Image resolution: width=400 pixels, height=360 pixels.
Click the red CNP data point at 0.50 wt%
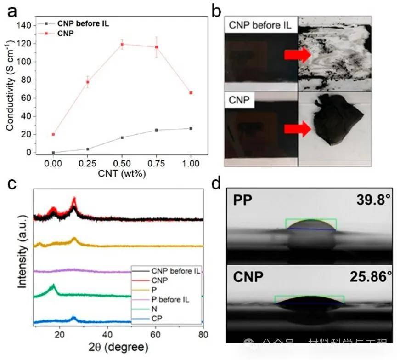[x=122, y=44]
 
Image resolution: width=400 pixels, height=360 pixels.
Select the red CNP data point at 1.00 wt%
[x=191, y=93]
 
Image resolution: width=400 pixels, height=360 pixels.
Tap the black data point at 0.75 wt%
[x=157, y=130]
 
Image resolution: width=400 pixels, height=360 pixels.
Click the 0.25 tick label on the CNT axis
[x=88, y=163]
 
